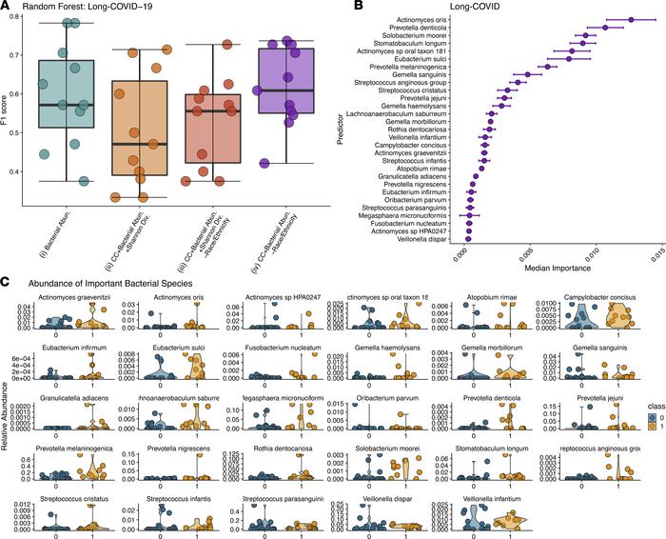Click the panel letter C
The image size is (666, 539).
point(8,282)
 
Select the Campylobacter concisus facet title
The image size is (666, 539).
point(595,296)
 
